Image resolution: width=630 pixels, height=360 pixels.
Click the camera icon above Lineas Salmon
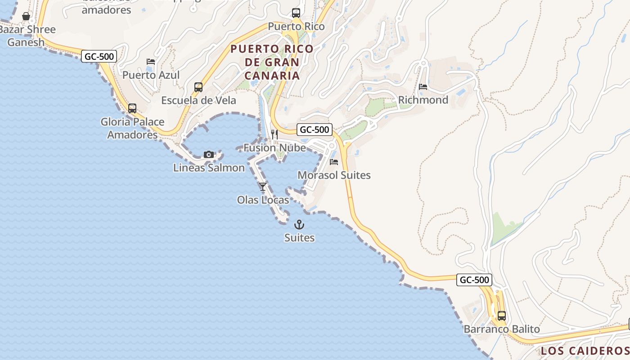(x=208, y=155)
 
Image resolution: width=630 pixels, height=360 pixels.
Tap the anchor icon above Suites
(x=299, y=225)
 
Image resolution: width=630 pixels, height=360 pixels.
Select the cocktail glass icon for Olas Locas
(x=263, y=186)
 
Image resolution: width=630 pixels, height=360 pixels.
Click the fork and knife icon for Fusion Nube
(x=274, y=134)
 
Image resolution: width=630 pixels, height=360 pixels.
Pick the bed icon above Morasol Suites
(x=334, y=162)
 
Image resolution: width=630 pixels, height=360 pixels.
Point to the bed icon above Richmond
(x=423, y=87)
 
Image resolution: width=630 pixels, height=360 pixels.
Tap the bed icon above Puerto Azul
(x=151, y=62)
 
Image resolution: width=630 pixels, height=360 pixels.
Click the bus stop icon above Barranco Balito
(x=501, y=316)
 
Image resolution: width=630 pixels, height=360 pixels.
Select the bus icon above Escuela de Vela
(x=198, y=87)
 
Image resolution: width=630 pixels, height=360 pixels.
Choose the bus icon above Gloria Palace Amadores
(x=132, y=108)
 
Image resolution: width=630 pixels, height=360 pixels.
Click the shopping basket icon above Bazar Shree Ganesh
(x=26, y=17)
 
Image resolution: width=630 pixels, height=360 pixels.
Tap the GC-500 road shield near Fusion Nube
(x=315, y=130)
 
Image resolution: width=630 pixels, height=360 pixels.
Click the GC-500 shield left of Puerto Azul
(x=99, y=56)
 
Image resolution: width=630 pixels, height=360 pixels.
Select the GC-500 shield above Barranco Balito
(x=474, y=279)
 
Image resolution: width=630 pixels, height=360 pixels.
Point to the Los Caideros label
(x=584, y=351)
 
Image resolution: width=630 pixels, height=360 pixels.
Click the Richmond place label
(x=423, y=100)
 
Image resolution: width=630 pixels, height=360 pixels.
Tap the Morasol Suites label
(x=334, y=175)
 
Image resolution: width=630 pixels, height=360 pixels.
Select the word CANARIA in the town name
(x=273, y=75)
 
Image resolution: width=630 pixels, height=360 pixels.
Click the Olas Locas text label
(x=263, y=199)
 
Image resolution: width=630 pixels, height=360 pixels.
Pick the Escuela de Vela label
(x=198, y=100)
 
